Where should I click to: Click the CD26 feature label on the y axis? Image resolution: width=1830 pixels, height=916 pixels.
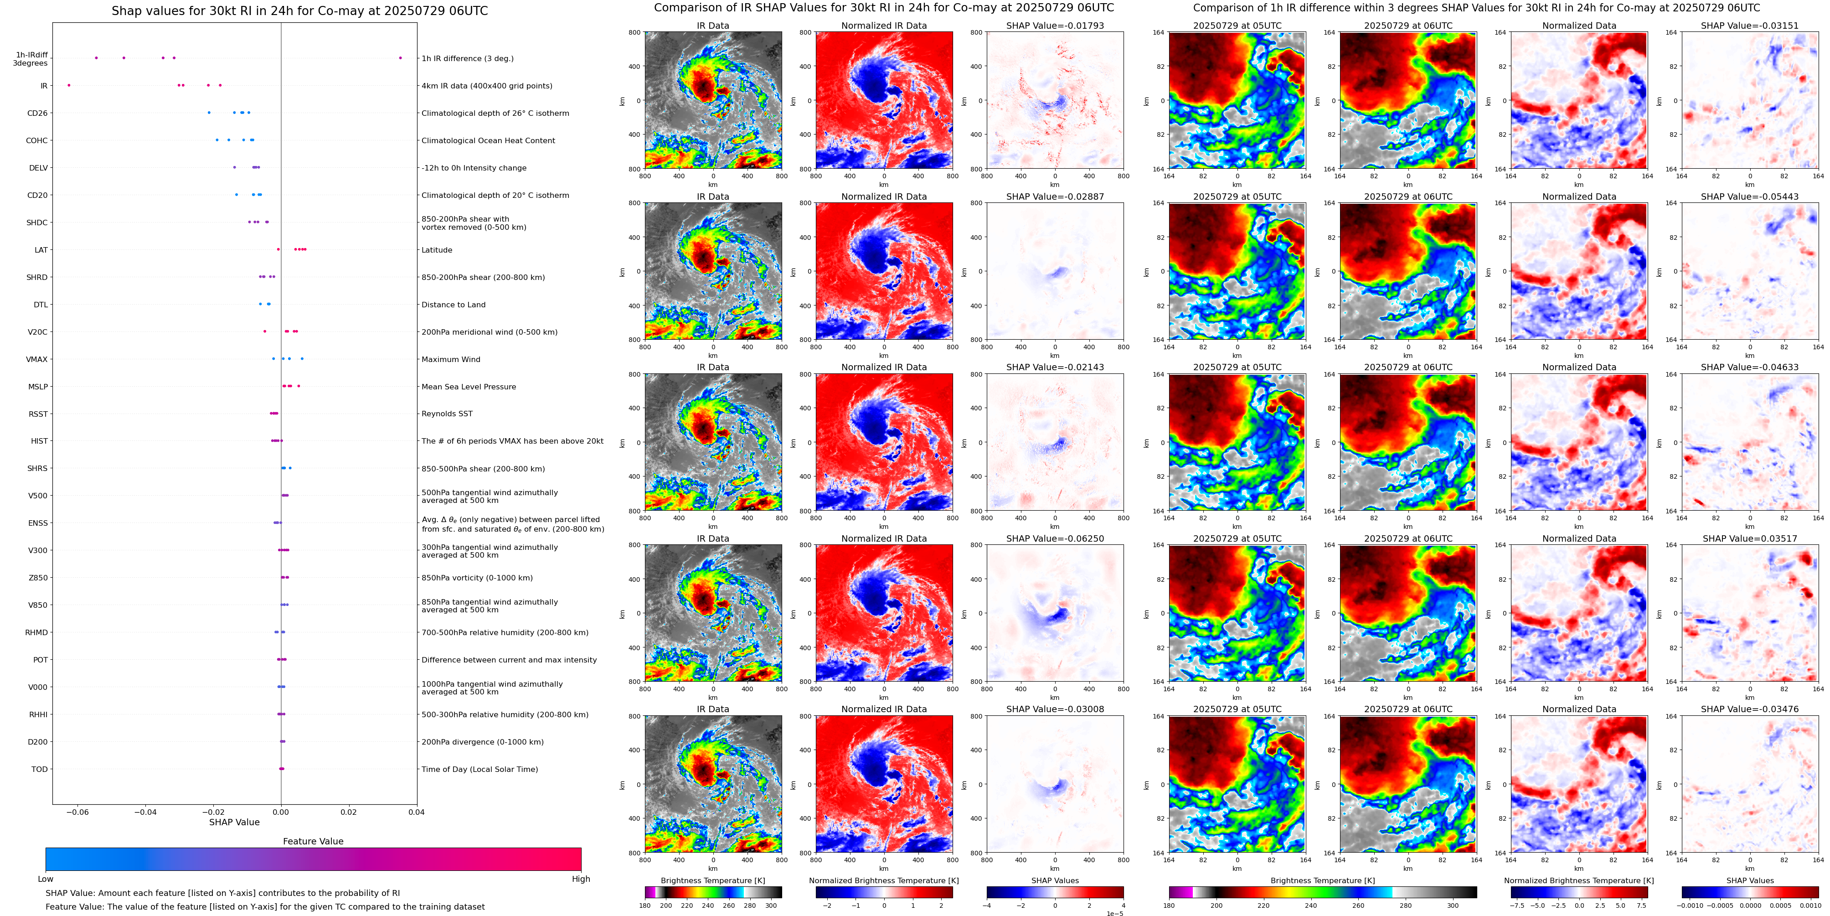point(37,113)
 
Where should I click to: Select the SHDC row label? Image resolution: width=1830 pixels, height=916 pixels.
point(37,223)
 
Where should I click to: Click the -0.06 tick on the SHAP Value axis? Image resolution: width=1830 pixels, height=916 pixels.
point(77,812)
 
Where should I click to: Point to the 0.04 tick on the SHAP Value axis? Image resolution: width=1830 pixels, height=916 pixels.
point(416,812)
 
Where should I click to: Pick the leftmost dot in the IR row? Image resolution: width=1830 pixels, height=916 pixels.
point(69,85)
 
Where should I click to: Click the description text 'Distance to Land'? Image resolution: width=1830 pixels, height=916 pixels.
point(453,305)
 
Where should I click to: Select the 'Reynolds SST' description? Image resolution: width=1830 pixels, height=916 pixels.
point(446,414)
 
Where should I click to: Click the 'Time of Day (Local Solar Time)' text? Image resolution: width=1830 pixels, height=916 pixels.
point(479,769)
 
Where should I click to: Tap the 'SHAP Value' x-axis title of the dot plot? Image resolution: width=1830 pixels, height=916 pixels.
point(234,822)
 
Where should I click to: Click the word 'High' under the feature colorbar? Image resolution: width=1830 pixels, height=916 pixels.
point(580,879)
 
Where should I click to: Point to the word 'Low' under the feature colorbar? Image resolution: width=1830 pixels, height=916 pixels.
point(46,879)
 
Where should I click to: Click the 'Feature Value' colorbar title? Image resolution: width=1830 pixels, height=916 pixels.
point(313,841)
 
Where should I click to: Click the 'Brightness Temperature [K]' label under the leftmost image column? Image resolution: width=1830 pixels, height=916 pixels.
point(712,880)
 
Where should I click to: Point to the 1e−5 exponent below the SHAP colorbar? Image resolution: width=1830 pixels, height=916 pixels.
point(1114,913)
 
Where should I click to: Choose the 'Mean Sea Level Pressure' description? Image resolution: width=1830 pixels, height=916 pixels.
point(468,387)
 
